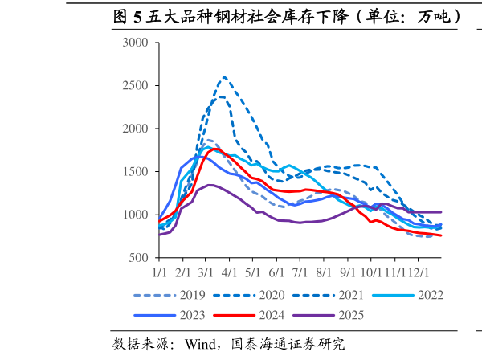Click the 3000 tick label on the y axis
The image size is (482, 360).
tap(136, 43)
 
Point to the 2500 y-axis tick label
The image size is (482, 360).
tap(136, 86)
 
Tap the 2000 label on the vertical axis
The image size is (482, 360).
tap(136, 129)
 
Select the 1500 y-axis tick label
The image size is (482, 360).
tap(136, 172)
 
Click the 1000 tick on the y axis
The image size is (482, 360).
tap(136, 215)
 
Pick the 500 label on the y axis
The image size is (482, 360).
tap(138, 258)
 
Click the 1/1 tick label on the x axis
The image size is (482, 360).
tap(159, 274)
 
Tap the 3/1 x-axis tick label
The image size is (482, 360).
tap(206, 274)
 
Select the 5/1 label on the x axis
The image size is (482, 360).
tap(254, 274)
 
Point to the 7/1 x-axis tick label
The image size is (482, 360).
tap(301, 274)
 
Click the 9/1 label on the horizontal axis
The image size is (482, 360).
tap(349, 274)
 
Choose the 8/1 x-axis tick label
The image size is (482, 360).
tap(325, 274)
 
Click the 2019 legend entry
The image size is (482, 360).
tap(192, 295)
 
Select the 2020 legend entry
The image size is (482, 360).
tap(272, 295)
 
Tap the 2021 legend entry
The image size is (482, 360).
tap(352, 295)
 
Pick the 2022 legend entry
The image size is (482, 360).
tap(430, 295)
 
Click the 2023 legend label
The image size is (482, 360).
tap(192, 314)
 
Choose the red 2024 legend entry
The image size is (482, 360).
tap(272, 314)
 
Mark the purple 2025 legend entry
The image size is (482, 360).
tap(350, 314)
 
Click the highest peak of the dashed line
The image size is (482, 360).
tap(223, 77)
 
